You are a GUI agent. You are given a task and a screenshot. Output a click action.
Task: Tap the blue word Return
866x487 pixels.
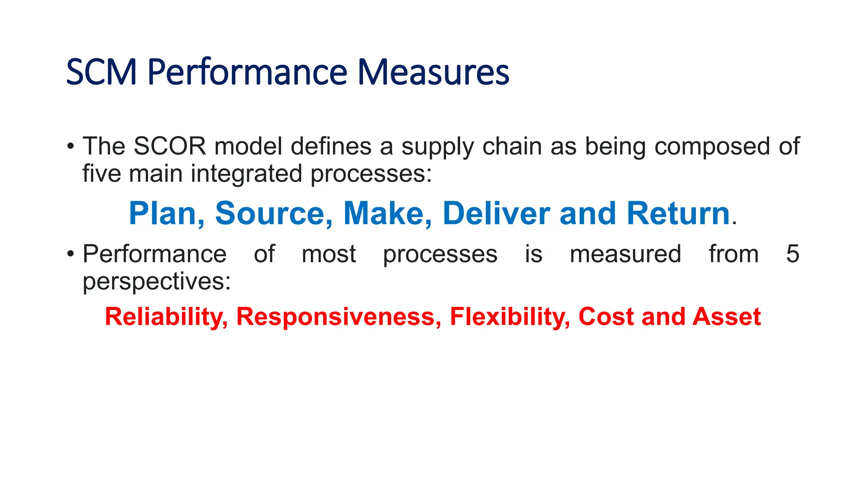tap(678, 213)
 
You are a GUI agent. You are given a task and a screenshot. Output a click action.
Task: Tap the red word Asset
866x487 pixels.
tap(726, 317)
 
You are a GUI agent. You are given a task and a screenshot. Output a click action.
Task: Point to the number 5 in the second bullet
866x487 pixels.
tap(792, 254)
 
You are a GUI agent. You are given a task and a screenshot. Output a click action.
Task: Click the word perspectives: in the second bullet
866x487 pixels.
tap(156, 282)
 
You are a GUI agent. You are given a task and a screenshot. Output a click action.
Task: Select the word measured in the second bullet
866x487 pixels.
tap(625, 254)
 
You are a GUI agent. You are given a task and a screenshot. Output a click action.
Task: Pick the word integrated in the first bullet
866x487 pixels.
tap(247, 174)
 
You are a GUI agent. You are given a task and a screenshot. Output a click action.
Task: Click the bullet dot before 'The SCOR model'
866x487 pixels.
tap(71, 147)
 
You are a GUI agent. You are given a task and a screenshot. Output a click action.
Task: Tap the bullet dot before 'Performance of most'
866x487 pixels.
tap(71, 254)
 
